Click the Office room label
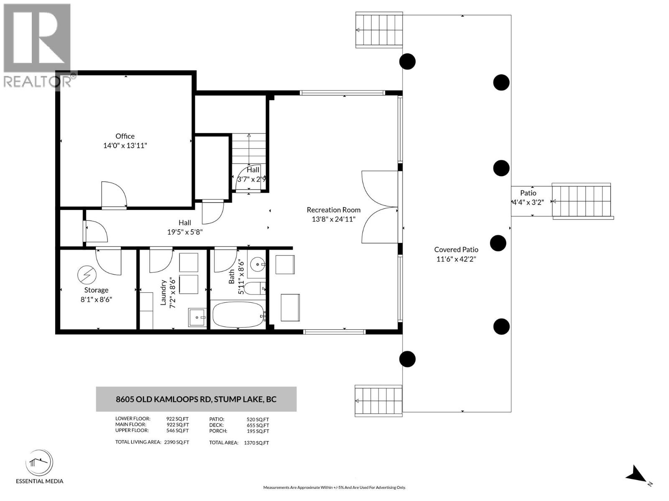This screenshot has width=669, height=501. [125, 136]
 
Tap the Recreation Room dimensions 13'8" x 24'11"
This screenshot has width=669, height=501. [333, 219]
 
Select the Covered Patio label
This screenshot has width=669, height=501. [456, 250]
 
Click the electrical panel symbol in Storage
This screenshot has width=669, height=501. [87, 275]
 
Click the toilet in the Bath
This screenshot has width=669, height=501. [255, 288]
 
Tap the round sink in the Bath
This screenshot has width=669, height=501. [256, 264]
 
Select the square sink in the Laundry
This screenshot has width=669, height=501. [197, 318]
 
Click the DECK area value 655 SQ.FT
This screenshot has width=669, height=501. [258, 425]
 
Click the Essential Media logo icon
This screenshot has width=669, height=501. [39, 463]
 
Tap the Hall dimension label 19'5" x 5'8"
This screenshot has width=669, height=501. [185, 232]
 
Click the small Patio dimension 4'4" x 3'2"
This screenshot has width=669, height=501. [528, 202]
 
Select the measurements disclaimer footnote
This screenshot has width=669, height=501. [334, 487]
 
